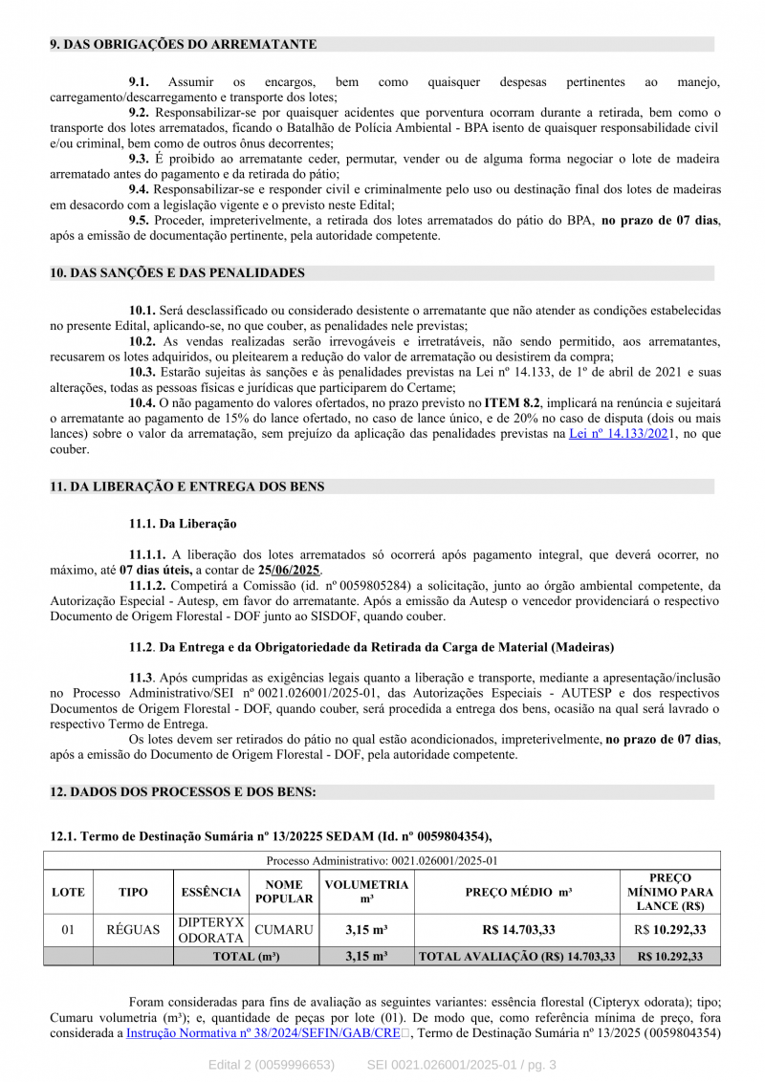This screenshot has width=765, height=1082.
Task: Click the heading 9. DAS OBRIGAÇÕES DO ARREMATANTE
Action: pos(183,44)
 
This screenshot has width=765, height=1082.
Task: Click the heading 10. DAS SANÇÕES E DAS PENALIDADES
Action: pos(177,272)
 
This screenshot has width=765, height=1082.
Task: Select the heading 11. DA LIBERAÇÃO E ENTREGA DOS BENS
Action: pos(186,487)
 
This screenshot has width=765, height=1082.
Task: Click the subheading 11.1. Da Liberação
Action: pos(183,524)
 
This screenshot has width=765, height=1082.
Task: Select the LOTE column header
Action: pos(68,892)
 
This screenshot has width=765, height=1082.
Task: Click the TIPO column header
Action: pos(133,892)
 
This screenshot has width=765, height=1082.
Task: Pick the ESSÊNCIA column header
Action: pos(211,892)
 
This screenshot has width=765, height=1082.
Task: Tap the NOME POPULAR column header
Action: pos(284,892)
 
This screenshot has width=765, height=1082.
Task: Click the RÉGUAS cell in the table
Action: pos(133,929)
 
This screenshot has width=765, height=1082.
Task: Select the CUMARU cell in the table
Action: pos(284,929)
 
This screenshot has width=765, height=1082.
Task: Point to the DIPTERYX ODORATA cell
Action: pos(211,930)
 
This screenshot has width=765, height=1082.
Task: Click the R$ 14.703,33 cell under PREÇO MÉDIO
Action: pos(518,929)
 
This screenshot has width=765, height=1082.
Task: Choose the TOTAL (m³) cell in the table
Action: pos(246,956)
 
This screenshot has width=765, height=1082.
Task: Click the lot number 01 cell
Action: pos(68,929)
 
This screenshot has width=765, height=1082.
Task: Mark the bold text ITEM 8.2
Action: pos(512,403)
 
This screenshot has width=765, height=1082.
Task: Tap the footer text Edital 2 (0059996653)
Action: pos(272,1065)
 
